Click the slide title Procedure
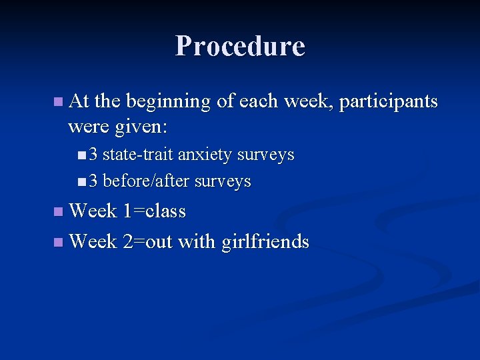point(240,46)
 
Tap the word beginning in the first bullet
point(169,102)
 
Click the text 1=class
point(154,211)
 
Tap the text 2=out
point(148,241)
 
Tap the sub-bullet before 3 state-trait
point(81,155)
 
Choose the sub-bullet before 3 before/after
point(81,181)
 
